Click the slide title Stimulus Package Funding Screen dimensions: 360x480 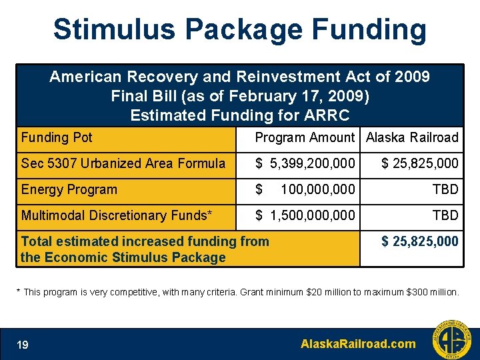pyautogui.click(x=239, y=30)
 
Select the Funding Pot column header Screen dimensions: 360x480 pyautogui.click(x=57, y=138)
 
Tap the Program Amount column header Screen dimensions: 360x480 pyautogui.click(x=305, y=138)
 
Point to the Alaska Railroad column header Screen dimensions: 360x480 pyautogui.click(x=412, y=138)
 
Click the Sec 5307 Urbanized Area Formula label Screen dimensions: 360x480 pyautogui.click(x=123, y=163)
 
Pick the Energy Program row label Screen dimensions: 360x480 pyautogui.click(x=69, y=189)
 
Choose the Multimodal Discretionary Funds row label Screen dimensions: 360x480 pyautogui.click(x=117, y=215)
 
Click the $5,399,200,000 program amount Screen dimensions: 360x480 pyautogui.click(x=305, y=163)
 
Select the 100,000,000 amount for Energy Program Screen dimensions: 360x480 pyautogui.click(x=318, y=190)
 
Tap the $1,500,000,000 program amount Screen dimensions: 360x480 pyautogui.click(x=305, y=215)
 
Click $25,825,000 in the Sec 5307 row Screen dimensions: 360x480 pyautogui.click(x=420, y=163)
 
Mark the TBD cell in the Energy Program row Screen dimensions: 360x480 pyautogui.click(x=445, y=190)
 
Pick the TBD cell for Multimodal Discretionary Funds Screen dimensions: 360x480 pyautogui.click(x=445, y=215)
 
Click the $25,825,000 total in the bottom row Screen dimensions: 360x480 pyautogui.click(x=420, y=241)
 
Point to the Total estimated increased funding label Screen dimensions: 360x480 pyautogui.click(x=145, y=249)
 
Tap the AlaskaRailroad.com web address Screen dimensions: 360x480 pyautogui.click(x=358, y=344)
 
